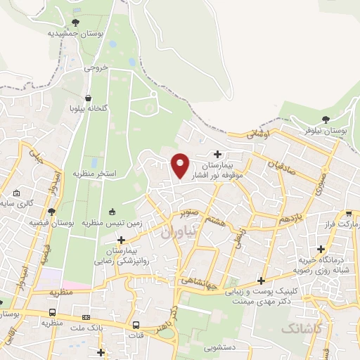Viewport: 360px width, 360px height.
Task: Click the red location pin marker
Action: point(180,165)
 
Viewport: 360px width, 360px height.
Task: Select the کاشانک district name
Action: point(302,328)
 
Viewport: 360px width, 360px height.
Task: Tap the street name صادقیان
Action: point(279,167)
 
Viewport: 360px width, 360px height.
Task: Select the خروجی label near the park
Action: point(97,68)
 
